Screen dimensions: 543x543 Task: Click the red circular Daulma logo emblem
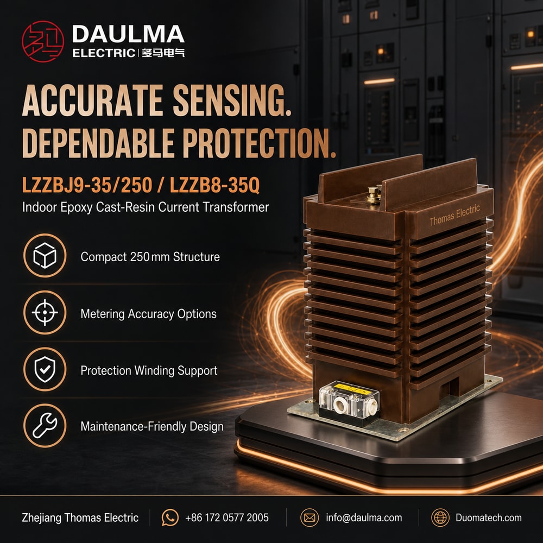43,41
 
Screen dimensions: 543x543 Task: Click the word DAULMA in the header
128,34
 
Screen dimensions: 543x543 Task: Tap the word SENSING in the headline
231,101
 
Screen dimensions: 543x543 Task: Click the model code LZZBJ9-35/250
87,185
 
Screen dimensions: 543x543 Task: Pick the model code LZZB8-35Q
214,185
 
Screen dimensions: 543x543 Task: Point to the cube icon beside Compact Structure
45,256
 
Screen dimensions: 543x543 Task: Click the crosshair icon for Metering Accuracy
45,312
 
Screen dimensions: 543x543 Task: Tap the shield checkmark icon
45,369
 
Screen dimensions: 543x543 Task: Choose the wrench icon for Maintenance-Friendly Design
45,426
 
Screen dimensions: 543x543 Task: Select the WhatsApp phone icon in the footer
170,517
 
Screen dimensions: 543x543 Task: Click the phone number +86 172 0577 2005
227,517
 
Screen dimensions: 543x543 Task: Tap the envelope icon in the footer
310,517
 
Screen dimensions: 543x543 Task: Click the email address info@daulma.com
364,517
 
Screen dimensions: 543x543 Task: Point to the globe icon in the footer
440,517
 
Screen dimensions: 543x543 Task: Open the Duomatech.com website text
489,517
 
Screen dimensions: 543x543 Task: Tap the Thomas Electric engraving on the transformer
454,215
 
